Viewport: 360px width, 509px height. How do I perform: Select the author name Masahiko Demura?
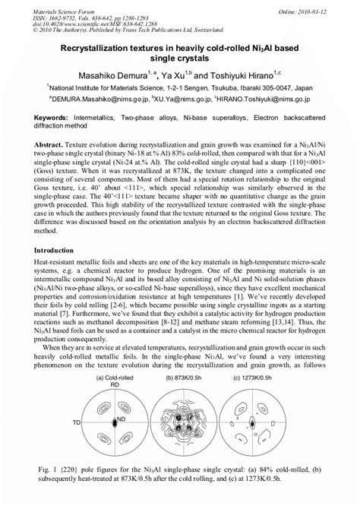(x=111, y=75)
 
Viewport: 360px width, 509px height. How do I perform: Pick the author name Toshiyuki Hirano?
(x=242, y=75)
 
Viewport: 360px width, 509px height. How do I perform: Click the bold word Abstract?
(x=65, y=142)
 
